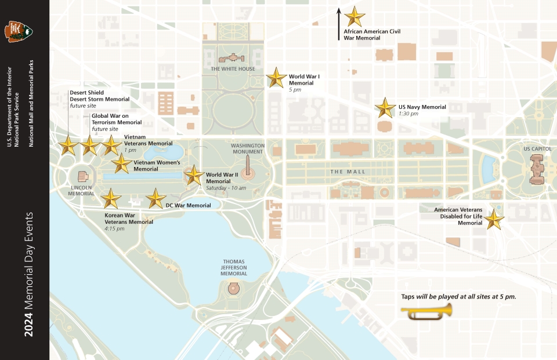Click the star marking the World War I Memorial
(276, 78)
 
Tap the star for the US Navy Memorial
(385, 108)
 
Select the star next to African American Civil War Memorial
(354, 17)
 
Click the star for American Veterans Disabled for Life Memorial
(494, 220)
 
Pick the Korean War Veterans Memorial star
(111, 199)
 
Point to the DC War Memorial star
(155, 199)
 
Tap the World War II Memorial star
(194, 175)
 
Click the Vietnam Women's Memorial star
(121, 163)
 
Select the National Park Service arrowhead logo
(19, 31)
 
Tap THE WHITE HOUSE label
(233, 69)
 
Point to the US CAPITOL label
(537, 149)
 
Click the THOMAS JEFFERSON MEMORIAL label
(235, 267)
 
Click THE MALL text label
(348, 172)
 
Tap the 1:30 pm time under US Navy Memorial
(408, 114)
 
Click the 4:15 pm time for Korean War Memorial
(114, 228)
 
